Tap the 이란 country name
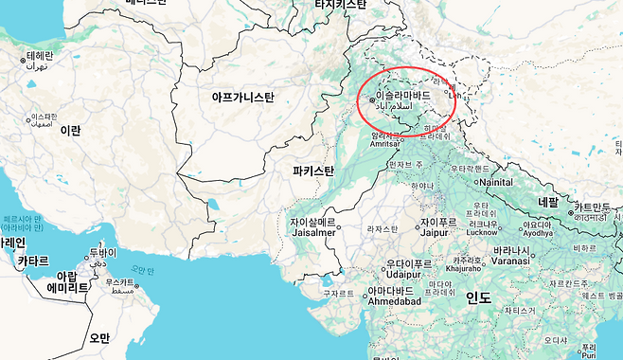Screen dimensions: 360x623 71,130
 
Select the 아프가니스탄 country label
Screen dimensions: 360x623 242,97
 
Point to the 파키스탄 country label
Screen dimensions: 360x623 313,171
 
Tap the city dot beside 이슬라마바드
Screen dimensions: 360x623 372,98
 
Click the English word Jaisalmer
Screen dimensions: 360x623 313,232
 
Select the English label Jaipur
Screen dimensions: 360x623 435,231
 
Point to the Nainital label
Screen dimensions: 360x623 495,182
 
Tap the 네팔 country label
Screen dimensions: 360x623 548,202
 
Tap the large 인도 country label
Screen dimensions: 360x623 478,297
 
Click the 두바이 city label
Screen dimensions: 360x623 102,253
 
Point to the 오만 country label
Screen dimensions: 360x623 99,337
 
